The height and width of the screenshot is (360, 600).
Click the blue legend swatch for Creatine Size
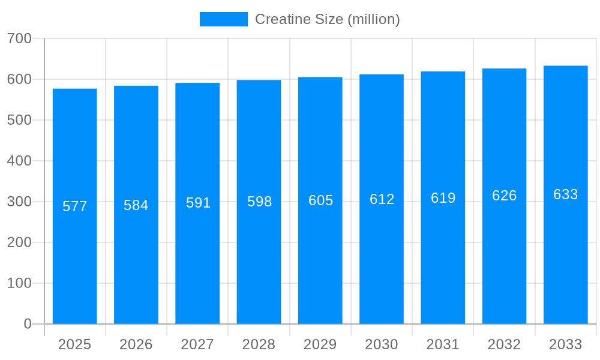click(x=223, y=19)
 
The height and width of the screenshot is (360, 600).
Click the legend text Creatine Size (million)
click(x=327, y=19)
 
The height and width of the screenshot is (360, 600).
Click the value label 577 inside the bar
click(x=75, y=206)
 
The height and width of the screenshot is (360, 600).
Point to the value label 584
click(x=136, y=205)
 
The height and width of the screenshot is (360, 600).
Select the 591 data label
click(x=198, y=203)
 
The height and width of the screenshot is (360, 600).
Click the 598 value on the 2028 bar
click(x=259, y=202)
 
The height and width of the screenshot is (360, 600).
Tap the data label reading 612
click(x=382, y=199)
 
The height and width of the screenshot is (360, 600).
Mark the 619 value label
click(x=443, y=198)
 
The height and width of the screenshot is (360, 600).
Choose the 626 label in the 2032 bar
click(x=504, y=196)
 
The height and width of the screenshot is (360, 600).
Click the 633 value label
click(x=565, y=194)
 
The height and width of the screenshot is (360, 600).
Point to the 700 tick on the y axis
click(x=19, y=38)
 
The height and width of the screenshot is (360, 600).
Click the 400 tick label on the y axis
click(x=19, y=161)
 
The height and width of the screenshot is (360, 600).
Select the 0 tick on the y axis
click(x=28, y=324)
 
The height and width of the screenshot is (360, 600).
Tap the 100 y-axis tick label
click(x=19, y=283)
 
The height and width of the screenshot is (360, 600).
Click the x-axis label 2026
click(x=136, y=344)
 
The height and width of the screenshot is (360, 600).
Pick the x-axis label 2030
click(x=382, y=344)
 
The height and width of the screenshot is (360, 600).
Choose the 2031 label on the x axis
click(x=443, y=344)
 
